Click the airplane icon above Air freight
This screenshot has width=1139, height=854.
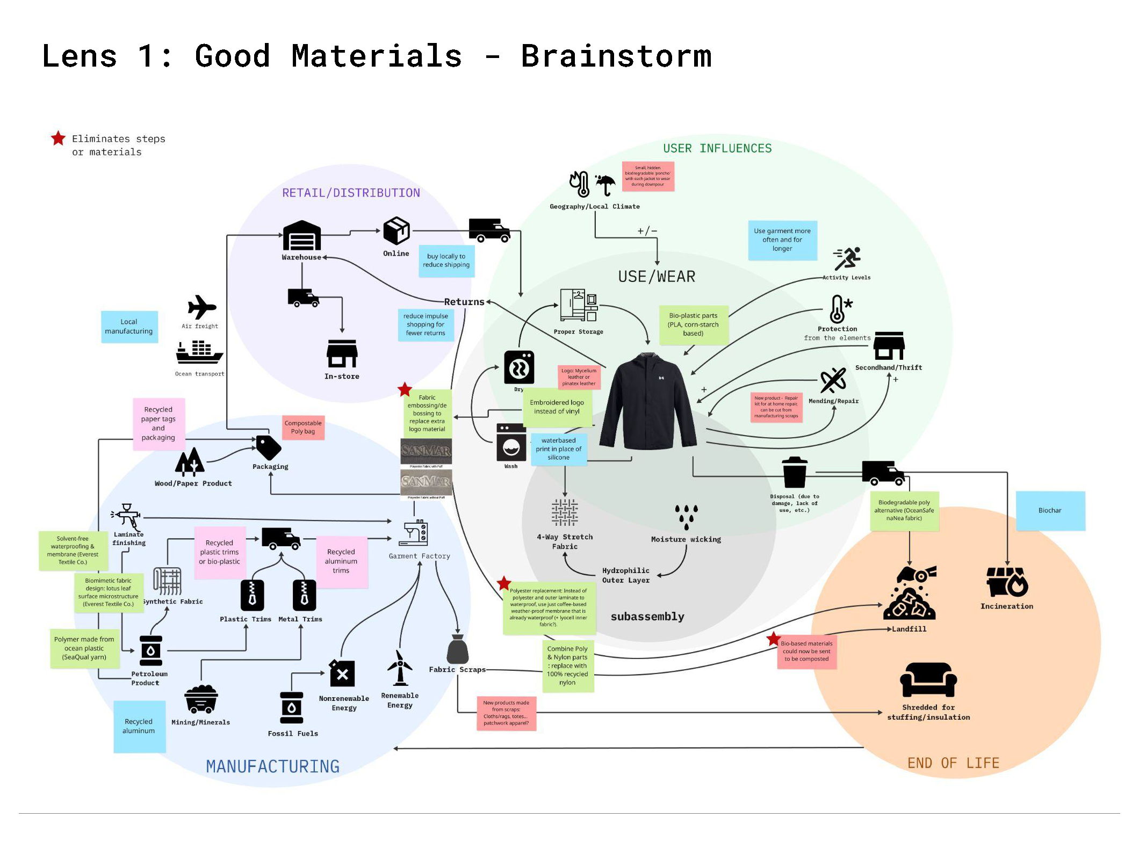[201, 308]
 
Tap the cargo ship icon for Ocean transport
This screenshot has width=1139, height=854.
[199, 352]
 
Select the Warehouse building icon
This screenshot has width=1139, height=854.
[302, 236]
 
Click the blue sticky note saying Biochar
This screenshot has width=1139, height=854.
[1050, 510]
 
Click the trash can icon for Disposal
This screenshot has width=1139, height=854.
[794, 472]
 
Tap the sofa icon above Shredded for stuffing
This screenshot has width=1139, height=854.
[928, 680]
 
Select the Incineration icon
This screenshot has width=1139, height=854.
[1007, 582]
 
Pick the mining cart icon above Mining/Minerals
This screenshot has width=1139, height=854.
[201, 699]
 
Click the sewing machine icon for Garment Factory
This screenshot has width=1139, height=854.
[414, 533]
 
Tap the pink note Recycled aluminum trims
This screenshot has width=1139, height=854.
[341, 561]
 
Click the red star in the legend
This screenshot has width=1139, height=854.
[58, 139]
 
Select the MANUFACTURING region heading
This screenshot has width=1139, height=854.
[272, 766]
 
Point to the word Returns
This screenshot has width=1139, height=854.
[464, 302]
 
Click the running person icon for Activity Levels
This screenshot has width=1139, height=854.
[847, 259]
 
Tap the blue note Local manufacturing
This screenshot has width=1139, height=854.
[129, 327]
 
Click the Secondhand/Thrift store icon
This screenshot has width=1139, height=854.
[889, 346]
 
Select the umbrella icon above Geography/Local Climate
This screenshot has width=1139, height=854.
[605, 185]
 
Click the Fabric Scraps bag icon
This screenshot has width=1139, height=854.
[457, 649]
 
